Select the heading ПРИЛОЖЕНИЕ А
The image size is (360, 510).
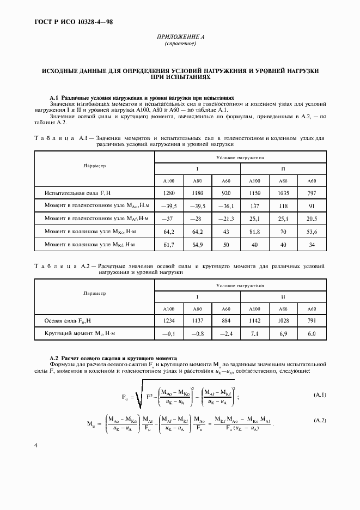point(180,38)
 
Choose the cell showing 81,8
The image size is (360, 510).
point(254,231)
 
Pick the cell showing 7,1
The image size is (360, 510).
point(254,333)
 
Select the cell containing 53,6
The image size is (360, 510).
point(312,231)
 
